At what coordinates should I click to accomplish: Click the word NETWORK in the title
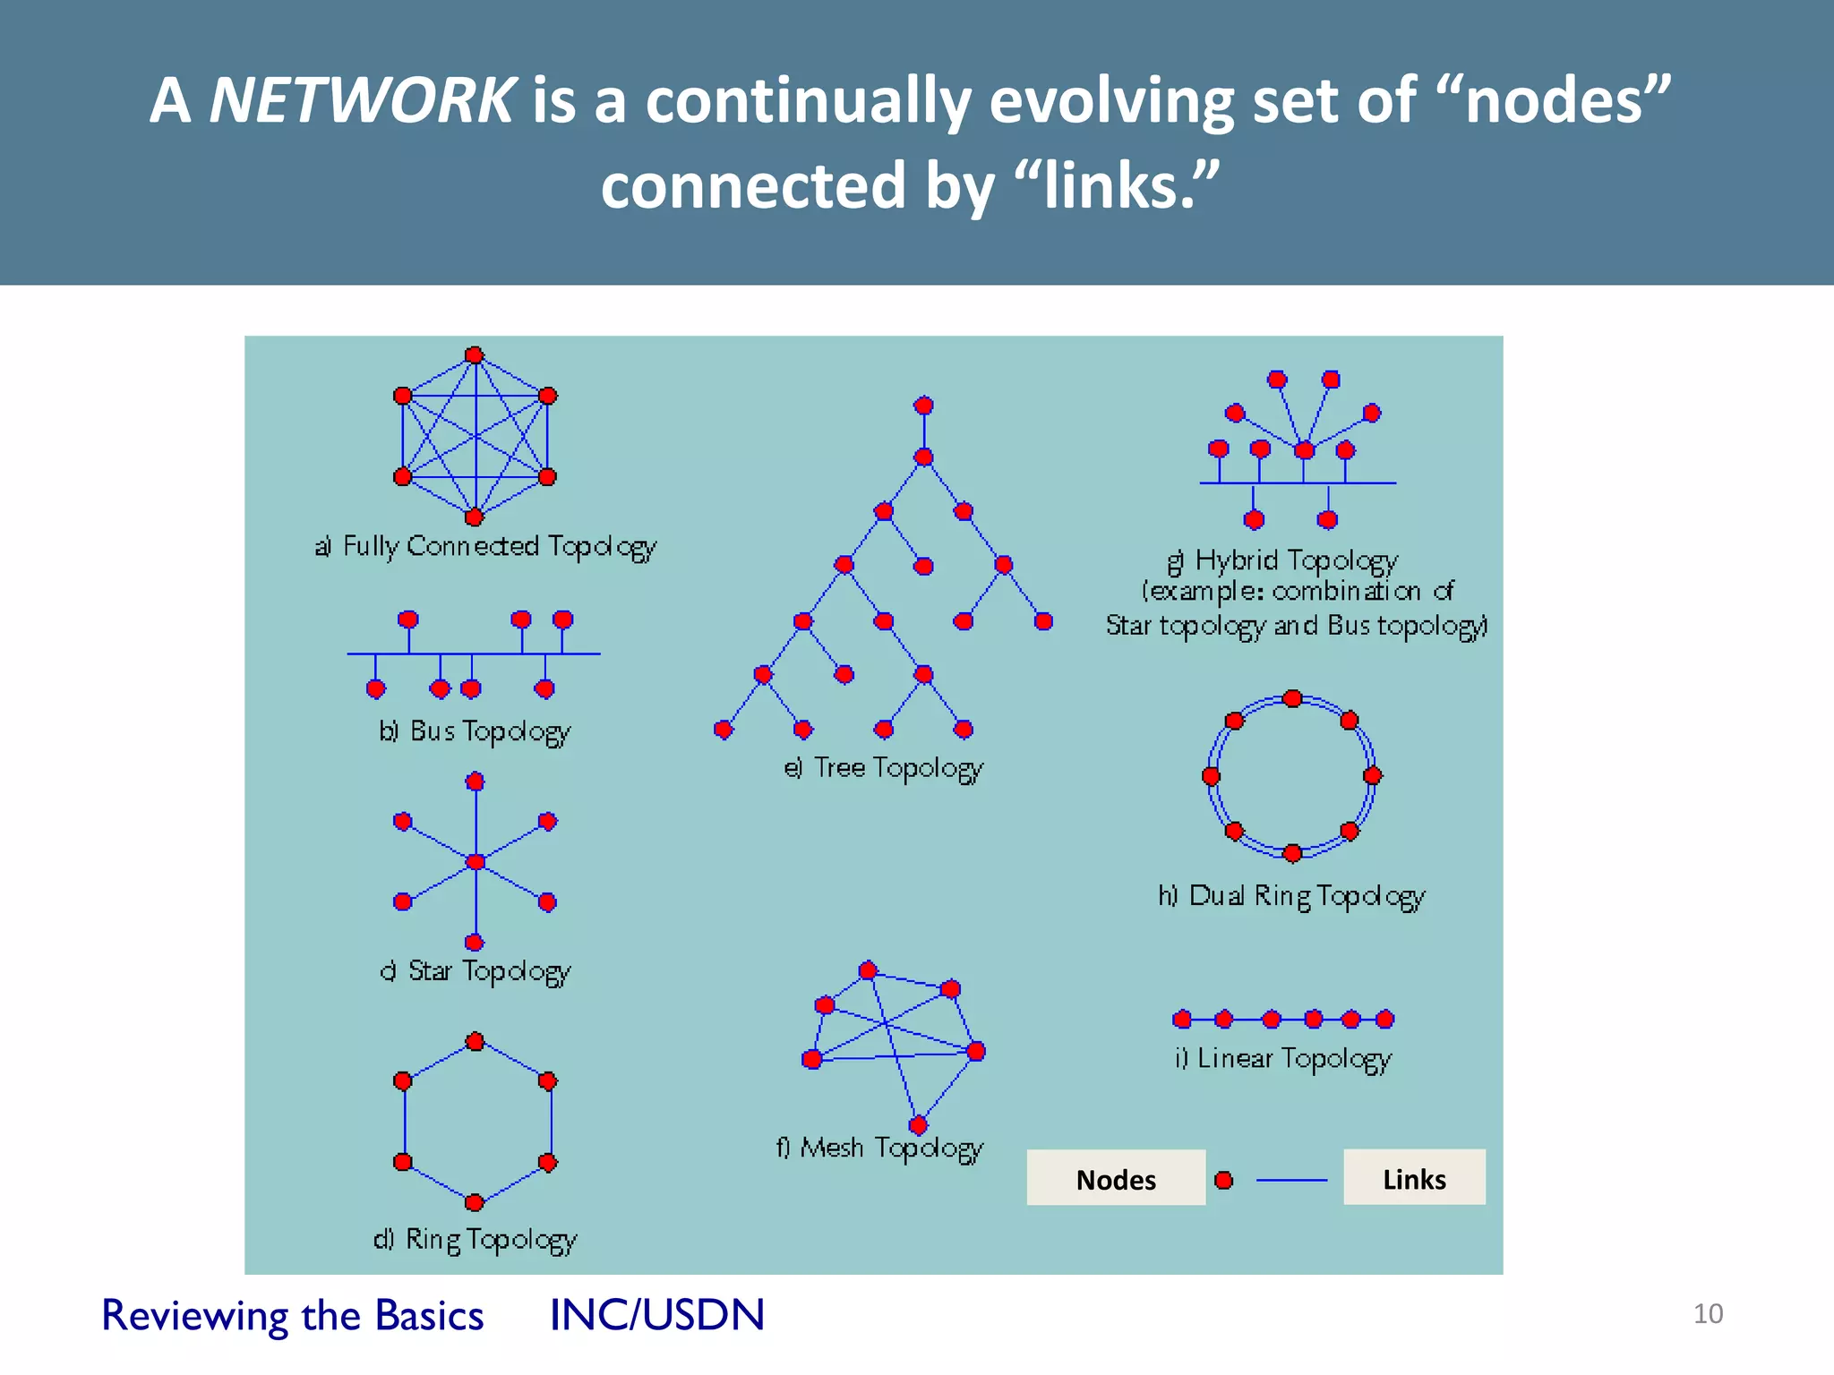362,99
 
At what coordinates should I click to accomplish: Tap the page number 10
1708,1313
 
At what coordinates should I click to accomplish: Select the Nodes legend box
1116,1178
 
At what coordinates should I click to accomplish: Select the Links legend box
1414,1178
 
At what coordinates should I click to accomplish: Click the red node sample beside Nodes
1224,1180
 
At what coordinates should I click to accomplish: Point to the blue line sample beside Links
1291,1181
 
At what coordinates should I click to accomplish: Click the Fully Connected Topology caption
486,546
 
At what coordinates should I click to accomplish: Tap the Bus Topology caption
476,731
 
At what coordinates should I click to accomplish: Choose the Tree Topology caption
884,768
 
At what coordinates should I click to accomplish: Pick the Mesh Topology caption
879,1148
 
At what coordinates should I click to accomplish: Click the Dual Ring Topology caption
1291,895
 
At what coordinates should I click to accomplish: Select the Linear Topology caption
1284,1058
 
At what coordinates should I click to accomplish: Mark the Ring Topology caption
476,1239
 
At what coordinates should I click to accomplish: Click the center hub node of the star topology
476,862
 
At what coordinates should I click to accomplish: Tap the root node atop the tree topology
923,406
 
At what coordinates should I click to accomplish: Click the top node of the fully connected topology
475,355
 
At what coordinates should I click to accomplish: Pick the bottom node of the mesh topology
918,1125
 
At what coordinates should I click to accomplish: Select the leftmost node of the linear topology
1182,1019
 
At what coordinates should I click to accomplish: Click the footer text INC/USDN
657,1315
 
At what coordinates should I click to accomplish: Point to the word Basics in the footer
430,1315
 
